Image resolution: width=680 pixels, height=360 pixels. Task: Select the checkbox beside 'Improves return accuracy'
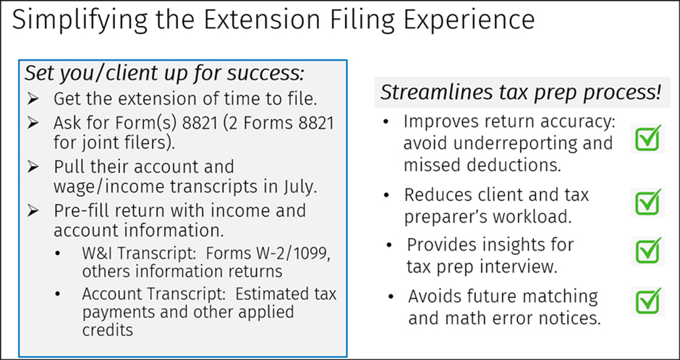[648, 137]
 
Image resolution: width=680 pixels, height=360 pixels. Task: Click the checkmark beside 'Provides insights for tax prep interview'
[648, 251]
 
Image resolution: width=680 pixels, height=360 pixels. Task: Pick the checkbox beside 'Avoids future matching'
[648, 301]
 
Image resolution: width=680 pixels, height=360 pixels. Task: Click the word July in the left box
[295, 187]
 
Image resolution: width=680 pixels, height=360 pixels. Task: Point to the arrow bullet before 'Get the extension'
[35, 98]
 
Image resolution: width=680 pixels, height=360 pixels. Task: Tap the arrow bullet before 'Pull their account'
[35, 167]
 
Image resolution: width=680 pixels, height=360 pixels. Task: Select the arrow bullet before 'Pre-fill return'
[35, 211]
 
